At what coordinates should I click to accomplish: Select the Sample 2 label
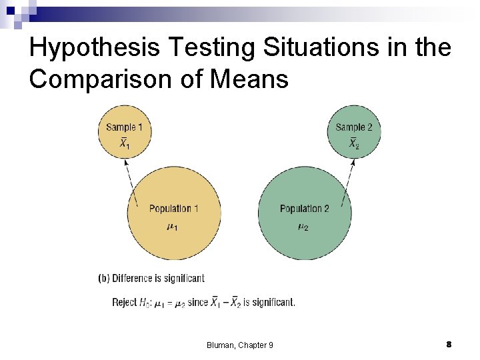[x=353, y=127]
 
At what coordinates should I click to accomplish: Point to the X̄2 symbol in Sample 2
[x=355, y=143]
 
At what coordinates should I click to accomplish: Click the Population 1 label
[x=174, y=209]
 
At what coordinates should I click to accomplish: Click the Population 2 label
[x=305, y=209]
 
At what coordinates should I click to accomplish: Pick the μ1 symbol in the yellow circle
[x=171, y=227]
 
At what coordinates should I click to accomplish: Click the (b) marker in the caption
[x=103, y=278]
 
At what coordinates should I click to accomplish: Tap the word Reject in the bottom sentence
[x=124, y=302]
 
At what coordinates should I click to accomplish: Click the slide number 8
[x=449, y=344]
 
